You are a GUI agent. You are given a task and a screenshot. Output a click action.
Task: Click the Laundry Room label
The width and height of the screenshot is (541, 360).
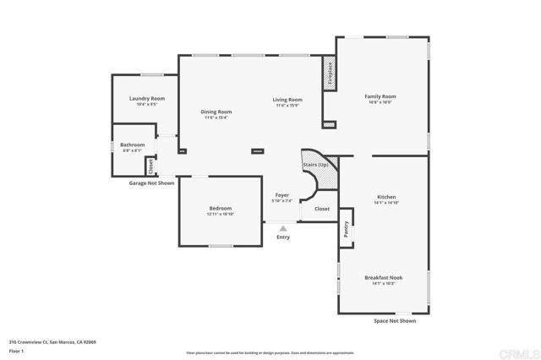pyautogui.click(x=146, y=99)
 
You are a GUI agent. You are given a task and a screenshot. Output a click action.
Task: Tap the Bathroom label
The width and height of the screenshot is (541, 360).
pyautogui.click(x=132, y=145)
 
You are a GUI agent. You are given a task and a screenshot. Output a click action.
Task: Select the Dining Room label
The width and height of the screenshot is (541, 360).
pyautogui.click(x=216, y=112)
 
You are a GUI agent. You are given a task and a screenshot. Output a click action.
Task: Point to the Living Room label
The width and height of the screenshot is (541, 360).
pyautogui.click(x=287, y=100)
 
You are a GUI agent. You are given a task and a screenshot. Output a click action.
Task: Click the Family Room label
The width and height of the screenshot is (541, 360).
pyautogui.click(x=380, y=96)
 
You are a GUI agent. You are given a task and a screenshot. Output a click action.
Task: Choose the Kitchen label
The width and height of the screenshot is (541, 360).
pyautogui.click(x=385, y=198)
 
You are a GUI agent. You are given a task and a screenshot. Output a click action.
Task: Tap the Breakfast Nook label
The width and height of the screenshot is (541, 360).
pyautogui.click(x=383, y=278)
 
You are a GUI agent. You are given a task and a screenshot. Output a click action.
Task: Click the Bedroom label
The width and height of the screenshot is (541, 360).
pyautogui.click(x=220, y=209)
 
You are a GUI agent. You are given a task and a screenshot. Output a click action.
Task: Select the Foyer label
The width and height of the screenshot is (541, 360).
pyautogui.click(x=281, y=195)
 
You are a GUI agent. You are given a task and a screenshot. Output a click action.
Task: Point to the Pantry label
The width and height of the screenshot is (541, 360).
pyautogui.click(x=346, y=229)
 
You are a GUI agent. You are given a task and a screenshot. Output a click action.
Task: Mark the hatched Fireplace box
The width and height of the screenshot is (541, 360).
pyautogui.click(x=330, y=73)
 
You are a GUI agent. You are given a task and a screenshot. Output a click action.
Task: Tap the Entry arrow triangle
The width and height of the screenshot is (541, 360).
pyautogui.click(x=283, y=227)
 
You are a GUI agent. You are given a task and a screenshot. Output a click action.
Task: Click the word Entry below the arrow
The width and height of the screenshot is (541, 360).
pyautogui.click(x=283, y=237)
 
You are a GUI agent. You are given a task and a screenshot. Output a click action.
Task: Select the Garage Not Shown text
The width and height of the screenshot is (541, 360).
pyautogui.click(x=151, y=183)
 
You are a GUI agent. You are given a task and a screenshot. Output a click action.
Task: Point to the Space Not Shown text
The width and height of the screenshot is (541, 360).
pyautogui.click(x=394, y=321)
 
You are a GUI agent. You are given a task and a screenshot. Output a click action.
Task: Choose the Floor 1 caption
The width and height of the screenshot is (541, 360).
pyautogui.click(x=18, y=350)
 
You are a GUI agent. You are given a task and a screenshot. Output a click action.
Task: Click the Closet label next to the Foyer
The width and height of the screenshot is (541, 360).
pyautogui.click(x=322, y=208)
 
